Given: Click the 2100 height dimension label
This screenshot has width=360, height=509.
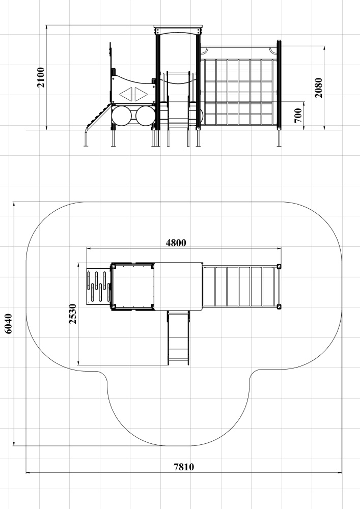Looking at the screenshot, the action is [x=41, y=77].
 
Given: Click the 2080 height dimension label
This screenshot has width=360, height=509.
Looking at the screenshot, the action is [x=318, y=88].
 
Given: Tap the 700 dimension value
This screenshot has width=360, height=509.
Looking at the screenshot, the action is [x=298, y=116].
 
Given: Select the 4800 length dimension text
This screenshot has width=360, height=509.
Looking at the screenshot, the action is [x=176, y=243].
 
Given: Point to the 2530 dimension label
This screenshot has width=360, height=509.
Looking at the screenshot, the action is [x=72, y=314].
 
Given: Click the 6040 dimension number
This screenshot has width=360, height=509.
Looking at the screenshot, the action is [x=8, y=324].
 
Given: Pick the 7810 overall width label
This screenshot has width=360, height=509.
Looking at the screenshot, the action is [x=184, y=467].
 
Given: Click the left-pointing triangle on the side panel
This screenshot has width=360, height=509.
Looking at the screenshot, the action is [x=127, y=94].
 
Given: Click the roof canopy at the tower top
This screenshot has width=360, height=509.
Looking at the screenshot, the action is [x=178, y=30].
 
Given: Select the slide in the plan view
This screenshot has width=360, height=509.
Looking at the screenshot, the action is [x=178, y=337].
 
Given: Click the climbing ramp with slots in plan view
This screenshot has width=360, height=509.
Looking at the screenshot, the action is [x=98, y=286].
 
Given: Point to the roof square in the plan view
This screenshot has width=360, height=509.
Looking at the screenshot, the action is [x=178, y=286].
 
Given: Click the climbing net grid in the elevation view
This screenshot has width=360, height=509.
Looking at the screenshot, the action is [x=239, y=92].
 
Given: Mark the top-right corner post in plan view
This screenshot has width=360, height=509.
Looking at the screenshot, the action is [x=279, y=267].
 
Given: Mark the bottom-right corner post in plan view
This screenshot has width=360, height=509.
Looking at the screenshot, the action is [x=279, y=306].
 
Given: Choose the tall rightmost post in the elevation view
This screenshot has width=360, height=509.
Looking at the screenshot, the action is [x=279, y=93].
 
